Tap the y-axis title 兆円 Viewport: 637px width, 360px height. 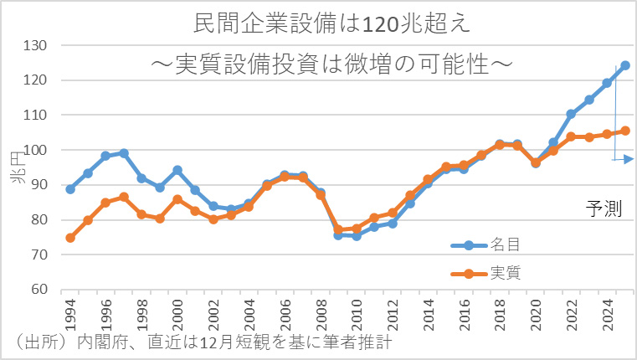pos(16,167)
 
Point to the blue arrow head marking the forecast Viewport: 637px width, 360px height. pos(629,158)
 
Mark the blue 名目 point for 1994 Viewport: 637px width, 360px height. pos(70,189)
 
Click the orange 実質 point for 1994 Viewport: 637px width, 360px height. pos(70,238)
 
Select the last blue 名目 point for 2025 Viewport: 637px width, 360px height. pos(625,65)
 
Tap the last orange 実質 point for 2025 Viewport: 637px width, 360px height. pos(625,131)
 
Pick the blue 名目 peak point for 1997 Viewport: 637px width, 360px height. pos(124,153)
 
